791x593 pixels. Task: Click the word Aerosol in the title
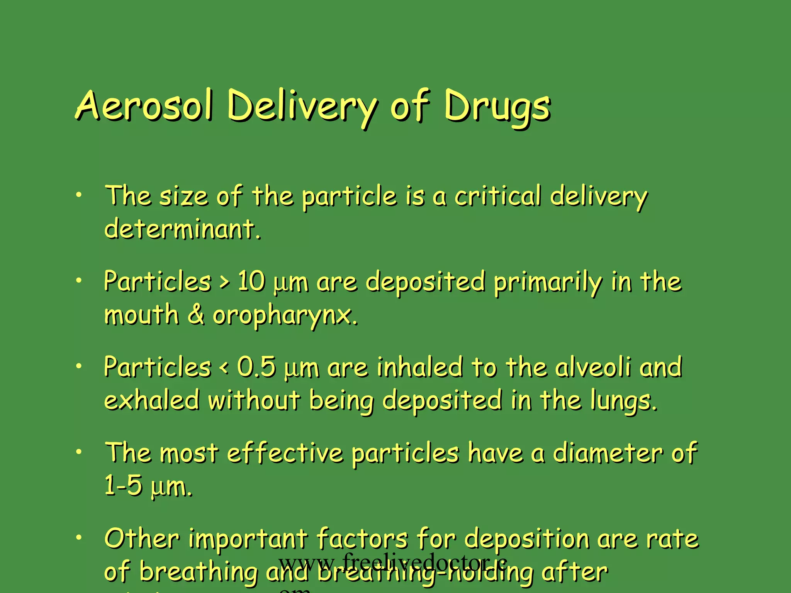[x=144, y=105]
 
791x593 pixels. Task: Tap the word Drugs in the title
[x=497, y=106]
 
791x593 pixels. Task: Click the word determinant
[x=182, y=229]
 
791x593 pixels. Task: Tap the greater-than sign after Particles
[x=224, y=282]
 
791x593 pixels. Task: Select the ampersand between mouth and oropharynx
[x=196, y=314]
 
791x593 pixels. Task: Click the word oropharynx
[x=285, y=316]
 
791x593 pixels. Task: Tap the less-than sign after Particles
[x=224, y=368]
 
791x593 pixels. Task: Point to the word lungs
[x=623, y=402]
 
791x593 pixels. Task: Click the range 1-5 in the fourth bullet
[x=124, y=485]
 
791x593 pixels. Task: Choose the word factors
[x=362, y=538]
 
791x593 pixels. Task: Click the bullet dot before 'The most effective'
[x=79, y=451]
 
